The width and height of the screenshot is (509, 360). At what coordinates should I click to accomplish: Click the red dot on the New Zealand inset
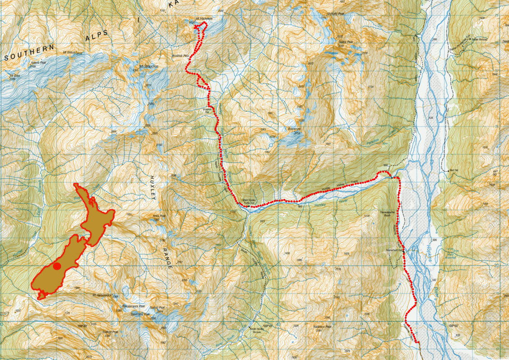coord(57,266)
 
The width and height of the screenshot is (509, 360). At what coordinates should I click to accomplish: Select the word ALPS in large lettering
coord(97,35)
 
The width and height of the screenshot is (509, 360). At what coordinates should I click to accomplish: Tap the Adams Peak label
coord(38,63)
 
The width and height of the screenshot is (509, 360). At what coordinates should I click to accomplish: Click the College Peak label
coord(110,332)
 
